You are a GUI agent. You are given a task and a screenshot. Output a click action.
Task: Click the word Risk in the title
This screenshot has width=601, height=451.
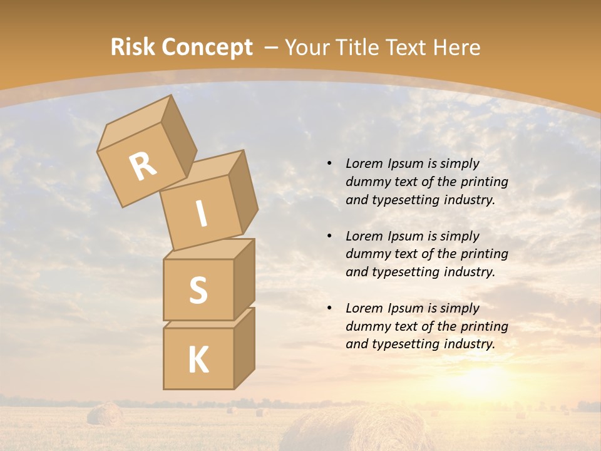point(133,48)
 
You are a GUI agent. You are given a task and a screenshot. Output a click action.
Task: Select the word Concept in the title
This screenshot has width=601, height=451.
point(207,48)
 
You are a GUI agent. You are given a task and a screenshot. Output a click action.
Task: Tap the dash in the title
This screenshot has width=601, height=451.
point(272,48)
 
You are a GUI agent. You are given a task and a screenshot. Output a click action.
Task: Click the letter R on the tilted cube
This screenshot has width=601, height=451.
point(143,166)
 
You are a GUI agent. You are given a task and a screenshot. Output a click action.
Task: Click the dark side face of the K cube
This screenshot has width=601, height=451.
point(244,348)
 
